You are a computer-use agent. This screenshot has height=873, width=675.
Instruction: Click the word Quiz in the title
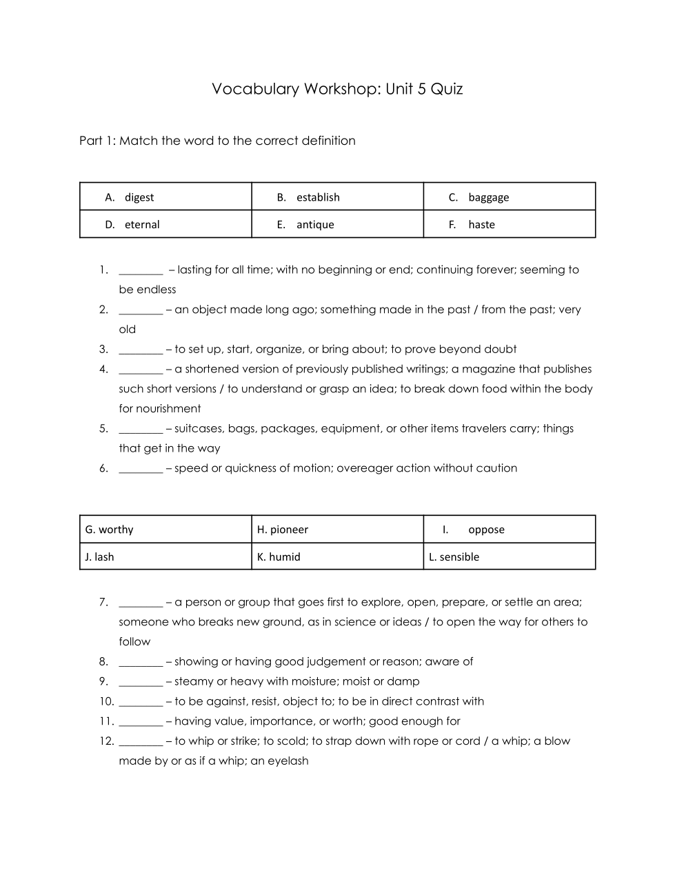pos(447,90)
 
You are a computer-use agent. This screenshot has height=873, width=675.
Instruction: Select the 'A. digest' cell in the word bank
pos(165,197)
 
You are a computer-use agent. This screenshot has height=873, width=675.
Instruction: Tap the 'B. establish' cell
pos(337,197)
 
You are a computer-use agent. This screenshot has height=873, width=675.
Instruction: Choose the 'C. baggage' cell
pos(509,197)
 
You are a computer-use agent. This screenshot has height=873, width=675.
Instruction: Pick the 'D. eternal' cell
pos(165,225)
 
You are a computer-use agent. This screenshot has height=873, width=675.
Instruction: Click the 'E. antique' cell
pos(337,225)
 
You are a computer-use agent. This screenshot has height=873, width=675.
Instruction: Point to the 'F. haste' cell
pos(509,225)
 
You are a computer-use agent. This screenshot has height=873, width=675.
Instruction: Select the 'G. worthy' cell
pos(165,530)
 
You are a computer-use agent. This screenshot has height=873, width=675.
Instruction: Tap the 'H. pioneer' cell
pos(337,530)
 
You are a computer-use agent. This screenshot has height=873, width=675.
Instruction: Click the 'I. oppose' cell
pos(509,530)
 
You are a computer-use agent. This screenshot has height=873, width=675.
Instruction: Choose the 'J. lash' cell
pos(165,556)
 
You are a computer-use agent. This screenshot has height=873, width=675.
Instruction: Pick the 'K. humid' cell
pos(337,556)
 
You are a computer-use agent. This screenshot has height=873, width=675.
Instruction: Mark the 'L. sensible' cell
pos(509,556)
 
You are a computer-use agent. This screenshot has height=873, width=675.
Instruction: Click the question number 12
pos(106,741)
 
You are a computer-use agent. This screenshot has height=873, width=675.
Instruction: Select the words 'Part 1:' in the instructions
pos(97,141)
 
